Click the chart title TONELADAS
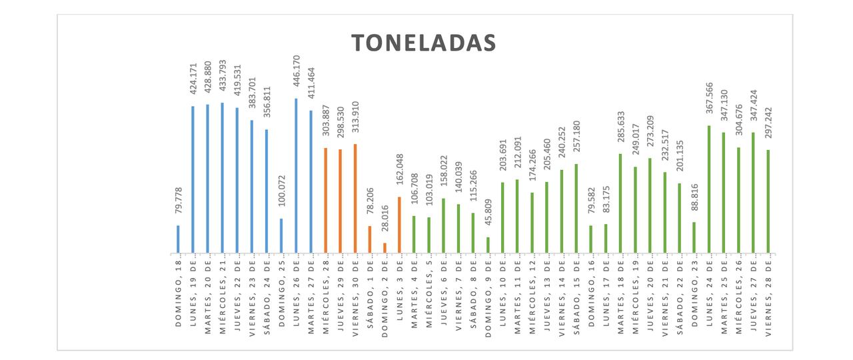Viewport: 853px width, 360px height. [x=424, y=43]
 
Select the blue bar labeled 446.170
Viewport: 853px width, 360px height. [x=296, y=176]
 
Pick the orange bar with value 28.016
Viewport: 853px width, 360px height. [x=385, y=248]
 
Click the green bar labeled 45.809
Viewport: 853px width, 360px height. [x=488, y=245]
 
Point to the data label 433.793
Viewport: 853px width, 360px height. [x=222, y=78]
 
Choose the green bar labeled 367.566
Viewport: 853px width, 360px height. [x=709, y=189]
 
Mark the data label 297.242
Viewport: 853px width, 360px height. [x=768, y=126]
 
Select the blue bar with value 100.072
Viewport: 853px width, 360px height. [x=281, y=236]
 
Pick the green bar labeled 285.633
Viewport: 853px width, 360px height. [x=620, y=203]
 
